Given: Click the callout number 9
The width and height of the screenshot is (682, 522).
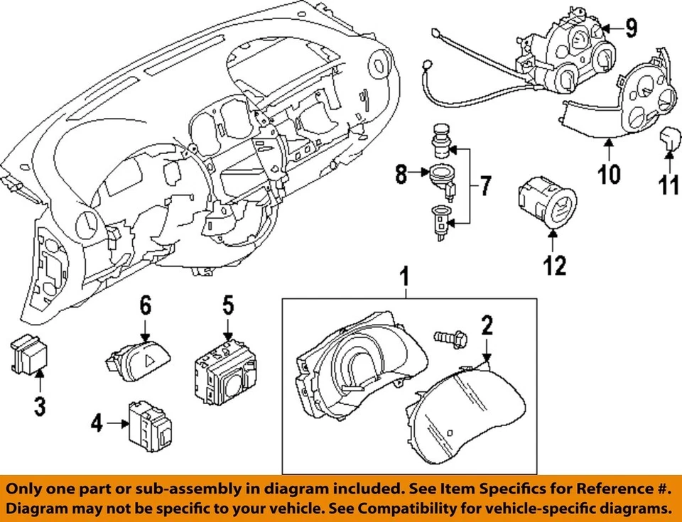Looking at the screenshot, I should tap(631, 28).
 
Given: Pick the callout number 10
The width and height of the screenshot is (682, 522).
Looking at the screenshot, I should tap(609, 173).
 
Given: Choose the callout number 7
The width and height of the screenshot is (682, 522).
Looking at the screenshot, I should tap(484, 187).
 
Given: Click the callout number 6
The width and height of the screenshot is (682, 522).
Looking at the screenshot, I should tap(145, 306).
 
